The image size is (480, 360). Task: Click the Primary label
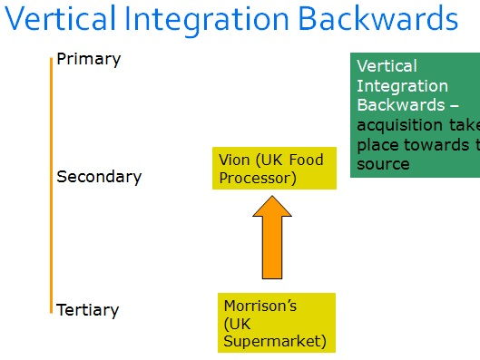[88, 60]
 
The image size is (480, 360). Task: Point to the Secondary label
[99, 177]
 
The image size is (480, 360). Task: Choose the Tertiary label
[87, 310]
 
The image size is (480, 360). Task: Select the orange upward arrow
[271, 240]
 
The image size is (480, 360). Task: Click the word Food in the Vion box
[305, 161]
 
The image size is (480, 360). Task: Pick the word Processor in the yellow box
[258, 178]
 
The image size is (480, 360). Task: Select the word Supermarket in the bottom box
[273, 341]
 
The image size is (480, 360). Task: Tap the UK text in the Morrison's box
[235, 324]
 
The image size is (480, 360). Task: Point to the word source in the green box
[383, 164]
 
